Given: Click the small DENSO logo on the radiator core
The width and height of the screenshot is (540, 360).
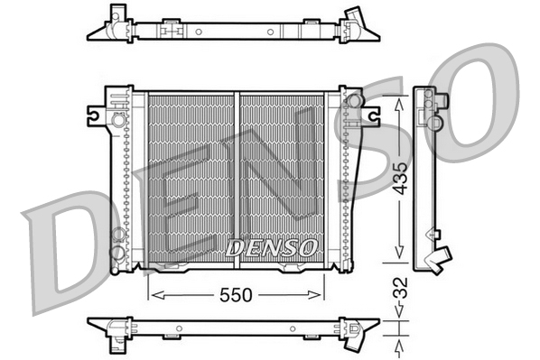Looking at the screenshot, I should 271,245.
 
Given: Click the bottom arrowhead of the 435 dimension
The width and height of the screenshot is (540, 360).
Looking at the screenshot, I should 400,254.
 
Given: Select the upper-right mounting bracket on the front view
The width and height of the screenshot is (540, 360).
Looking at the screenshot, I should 370,114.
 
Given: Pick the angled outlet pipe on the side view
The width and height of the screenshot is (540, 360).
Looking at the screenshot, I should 440,259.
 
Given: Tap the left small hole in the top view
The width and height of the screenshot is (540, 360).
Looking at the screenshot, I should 199,31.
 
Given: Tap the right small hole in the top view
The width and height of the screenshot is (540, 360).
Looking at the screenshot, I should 269,31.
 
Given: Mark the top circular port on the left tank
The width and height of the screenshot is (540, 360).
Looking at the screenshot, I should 117,118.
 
